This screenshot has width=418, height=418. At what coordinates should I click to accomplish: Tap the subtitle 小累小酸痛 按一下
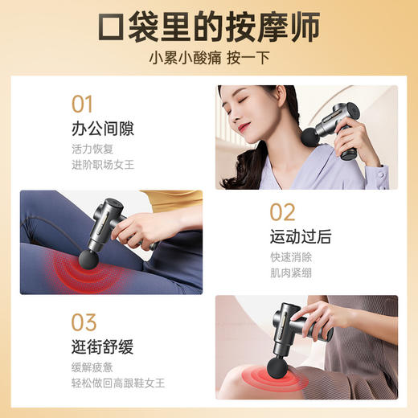(x=208, y=59)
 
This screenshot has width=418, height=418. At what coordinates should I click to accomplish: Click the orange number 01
(x=83, y=104)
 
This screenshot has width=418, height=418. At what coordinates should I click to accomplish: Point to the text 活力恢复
(x=91, y=150)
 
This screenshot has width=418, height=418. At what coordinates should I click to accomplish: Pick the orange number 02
(x=282, y=212)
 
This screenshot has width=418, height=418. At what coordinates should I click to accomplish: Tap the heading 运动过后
(x=301, y=237)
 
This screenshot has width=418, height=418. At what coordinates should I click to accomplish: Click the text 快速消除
(x=290, y=258)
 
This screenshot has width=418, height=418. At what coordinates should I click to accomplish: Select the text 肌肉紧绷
(x=290, y=275)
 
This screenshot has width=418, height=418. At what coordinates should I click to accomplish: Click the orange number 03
(x=84, y=323)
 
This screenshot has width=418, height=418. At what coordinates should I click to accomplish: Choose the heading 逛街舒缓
(x=102, y=348)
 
